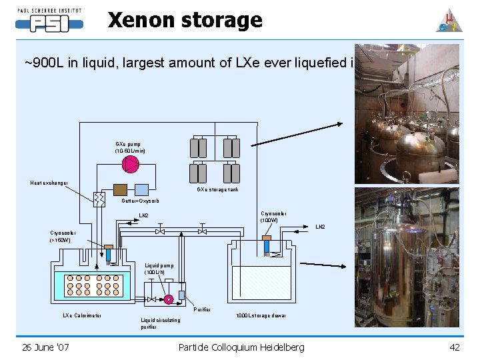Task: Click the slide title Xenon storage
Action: click(185, 21)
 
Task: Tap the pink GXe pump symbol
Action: click(131, 164)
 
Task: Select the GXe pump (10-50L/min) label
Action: click(131, 147)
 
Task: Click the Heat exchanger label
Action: click(52, 183)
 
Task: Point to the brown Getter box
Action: click(121, 189)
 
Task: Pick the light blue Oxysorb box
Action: click(142, 189)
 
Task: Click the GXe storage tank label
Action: click(217, 189)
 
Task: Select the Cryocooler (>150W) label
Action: click(65, 237)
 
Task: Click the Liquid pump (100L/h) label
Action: click(159, 269)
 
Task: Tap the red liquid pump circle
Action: click(169, 299)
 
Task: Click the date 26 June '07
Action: click(45, 347)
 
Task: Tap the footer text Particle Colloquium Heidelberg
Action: click(241, 347)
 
